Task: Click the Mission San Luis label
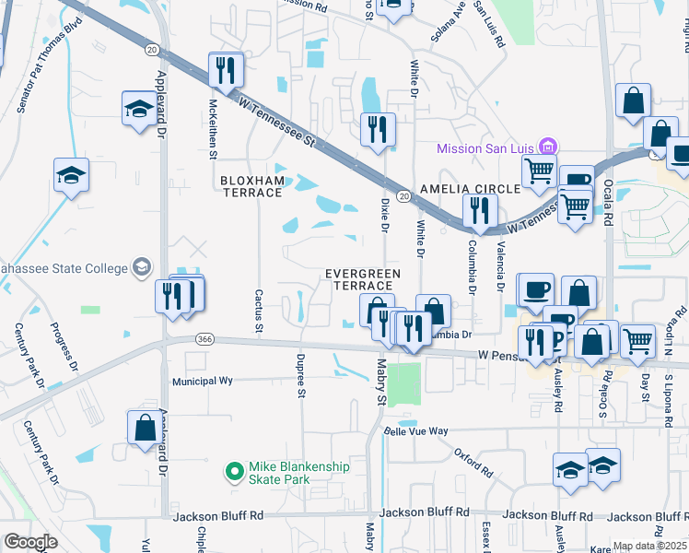click(486, 147)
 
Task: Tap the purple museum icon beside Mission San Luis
click(548, 147)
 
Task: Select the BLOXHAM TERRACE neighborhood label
click(251, 185)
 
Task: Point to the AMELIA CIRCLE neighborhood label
click(469, 188)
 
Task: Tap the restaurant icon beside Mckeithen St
click(225, 70)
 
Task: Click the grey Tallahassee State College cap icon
click(142, 267)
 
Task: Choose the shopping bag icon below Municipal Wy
click(145, 429)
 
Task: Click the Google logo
click(30, 542)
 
